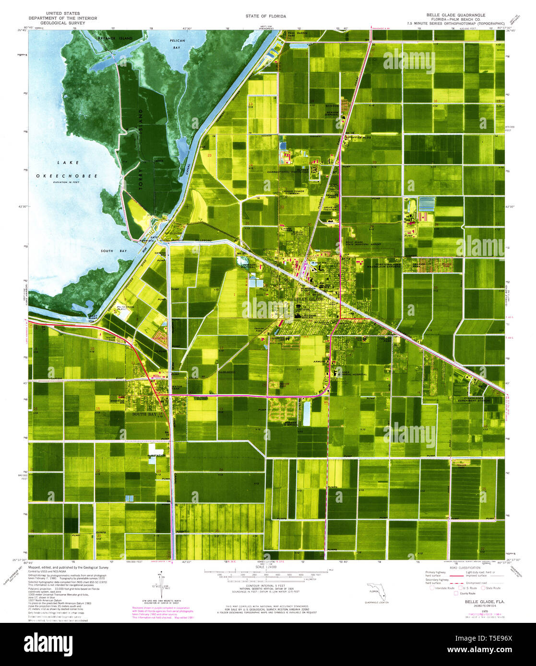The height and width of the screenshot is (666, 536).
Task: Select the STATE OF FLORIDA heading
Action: pos(265,16)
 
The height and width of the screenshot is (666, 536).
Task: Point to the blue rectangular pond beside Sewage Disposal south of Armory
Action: pos(307,413)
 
